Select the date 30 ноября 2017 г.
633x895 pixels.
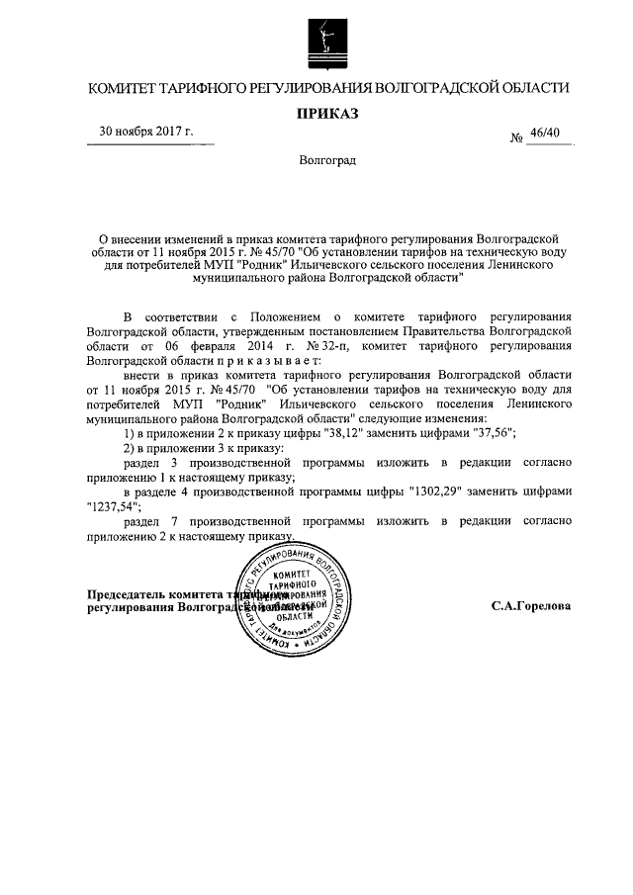[x=144, y=132]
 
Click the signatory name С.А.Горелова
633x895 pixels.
[x=531, y=605]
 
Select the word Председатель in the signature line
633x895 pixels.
[x=126, y=595]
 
